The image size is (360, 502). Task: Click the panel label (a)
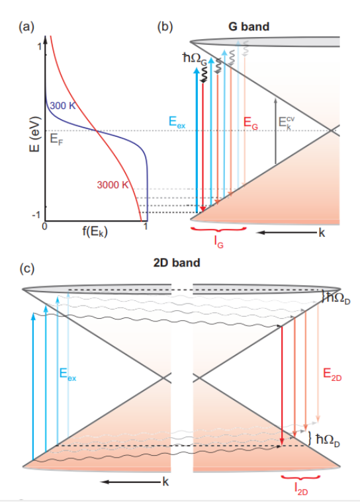point(26,26)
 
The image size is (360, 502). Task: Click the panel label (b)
point(165,26)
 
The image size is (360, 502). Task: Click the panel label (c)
point(27,269)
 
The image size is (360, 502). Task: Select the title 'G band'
point(249,26)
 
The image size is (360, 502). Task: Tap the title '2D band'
point(177,263)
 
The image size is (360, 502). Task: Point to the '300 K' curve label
point(63,105)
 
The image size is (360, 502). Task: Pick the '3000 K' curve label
point(112,185)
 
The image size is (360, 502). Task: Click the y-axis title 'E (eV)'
point(34,134)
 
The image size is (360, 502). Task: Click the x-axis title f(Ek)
point(95,231)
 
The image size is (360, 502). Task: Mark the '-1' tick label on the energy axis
point(36,214)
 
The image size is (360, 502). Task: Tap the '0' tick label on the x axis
point(44,227)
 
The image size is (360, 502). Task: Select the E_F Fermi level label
point(57,140)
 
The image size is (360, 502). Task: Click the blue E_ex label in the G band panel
point(177,122)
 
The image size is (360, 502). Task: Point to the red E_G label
point(250,123)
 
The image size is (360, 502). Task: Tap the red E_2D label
point(332,374)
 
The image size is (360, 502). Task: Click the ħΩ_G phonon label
point(195,59)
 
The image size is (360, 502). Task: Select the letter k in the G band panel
point(322,233)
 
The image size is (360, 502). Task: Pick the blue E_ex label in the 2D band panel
point(68,374)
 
